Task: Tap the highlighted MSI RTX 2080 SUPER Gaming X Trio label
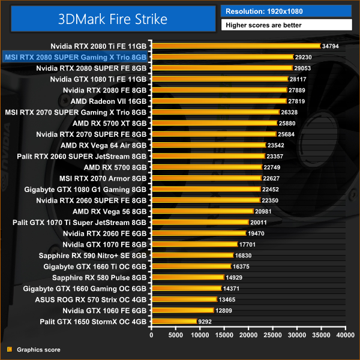click(x=76, y=57)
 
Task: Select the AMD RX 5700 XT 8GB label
click(x=109, y=123)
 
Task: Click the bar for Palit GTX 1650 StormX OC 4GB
click(x=174, y=321)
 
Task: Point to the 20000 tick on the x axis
click(x=248, y=334)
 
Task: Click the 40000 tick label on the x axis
click(x=345, y=334)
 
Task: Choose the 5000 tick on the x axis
click(x=175, y=334)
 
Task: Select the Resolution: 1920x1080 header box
click(x=287, y=11)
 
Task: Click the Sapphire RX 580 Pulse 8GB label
click(x=99, y=277)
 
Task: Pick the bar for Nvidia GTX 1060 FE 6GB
click(x=182, y=310)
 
